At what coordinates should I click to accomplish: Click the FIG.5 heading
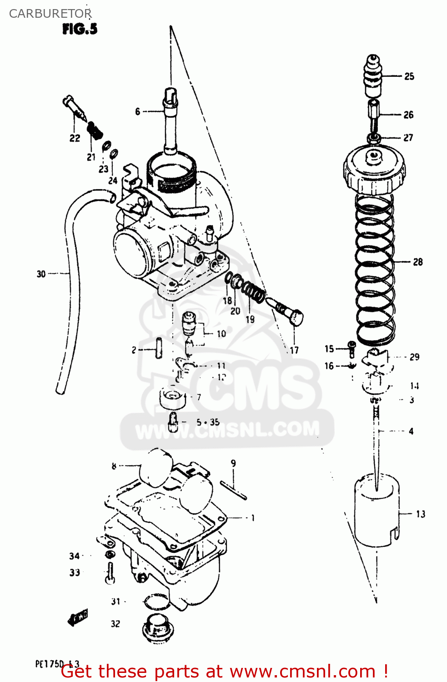pos(80,29)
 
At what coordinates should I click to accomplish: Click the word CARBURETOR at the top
pos(50,14)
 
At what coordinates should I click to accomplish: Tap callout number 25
pos(409,76)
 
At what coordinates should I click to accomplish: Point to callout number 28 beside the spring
pos(417,262)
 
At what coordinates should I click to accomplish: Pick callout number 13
pos(421,514)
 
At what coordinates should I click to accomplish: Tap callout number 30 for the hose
pos(41,274)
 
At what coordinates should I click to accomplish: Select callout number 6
pos(138,111)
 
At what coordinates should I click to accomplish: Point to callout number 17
pos(294,350)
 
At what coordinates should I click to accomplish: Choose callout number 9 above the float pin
pos(233,463)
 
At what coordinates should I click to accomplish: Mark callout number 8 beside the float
pos(114,466)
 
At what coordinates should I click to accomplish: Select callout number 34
pos(75,556)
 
